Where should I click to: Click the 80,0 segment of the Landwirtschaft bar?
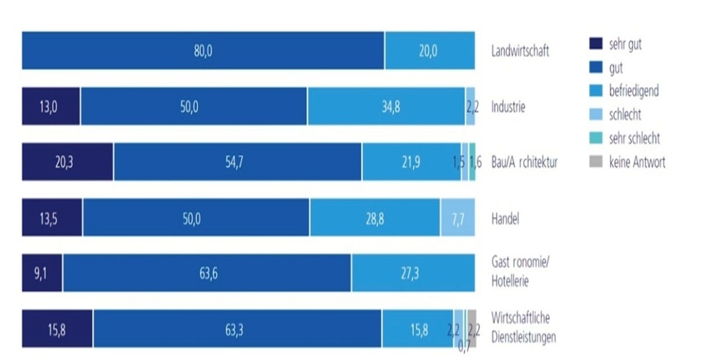pos(203,50)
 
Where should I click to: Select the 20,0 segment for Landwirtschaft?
pos(430,50)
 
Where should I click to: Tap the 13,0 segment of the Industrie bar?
pos(51,107)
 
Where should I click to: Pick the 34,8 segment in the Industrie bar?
pos(386,107)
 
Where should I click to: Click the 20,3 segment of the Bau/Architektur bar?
pos(68,162)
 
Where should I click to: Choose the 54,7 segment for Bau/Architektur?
pos(238,162)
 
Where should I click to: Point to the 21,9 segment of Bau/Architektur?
pos(411,162)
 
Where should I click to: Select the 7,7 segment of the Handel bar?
pos(458,217)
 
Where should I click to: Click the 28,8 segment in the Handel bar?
pos(375,217)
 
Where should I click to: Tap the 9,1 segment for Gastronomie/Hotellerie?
pos(42,273)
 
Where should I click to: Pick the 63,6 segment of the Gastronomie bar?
pos(207,273)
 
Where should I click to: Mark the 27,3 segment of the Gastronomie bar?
pos(413,273)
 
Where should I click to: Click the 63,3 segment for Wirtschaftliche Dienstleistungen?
pos(237,329)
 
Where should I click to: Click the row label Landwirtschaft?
pos(521,52)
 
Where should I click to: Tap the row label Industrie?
pos(508,107)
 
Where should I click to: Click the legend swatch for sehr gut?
pos(595,45)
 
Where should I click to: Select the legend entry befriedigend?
pos(634,91)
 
